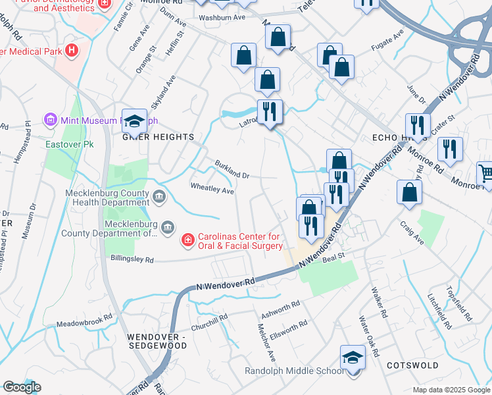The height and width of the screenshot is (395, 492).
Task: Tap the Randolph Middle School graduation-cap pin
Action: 353,358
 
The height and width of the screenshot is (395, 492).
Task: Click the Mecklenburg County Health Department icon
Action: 159,196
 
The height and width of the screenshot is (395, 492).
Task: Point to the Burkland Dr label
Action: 232,171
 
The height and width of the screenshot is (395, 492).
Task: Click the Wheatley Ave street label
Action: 212,190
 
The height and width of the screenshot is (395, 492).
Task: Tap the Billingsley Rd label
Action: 132,259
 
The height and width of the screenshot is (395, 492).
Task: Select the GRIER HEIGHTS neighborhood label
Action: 157,137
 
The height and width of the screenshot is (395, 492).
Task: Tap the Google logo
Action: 22,387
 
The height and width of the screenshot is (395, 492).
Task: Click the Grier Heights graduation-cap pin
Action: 135,121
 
